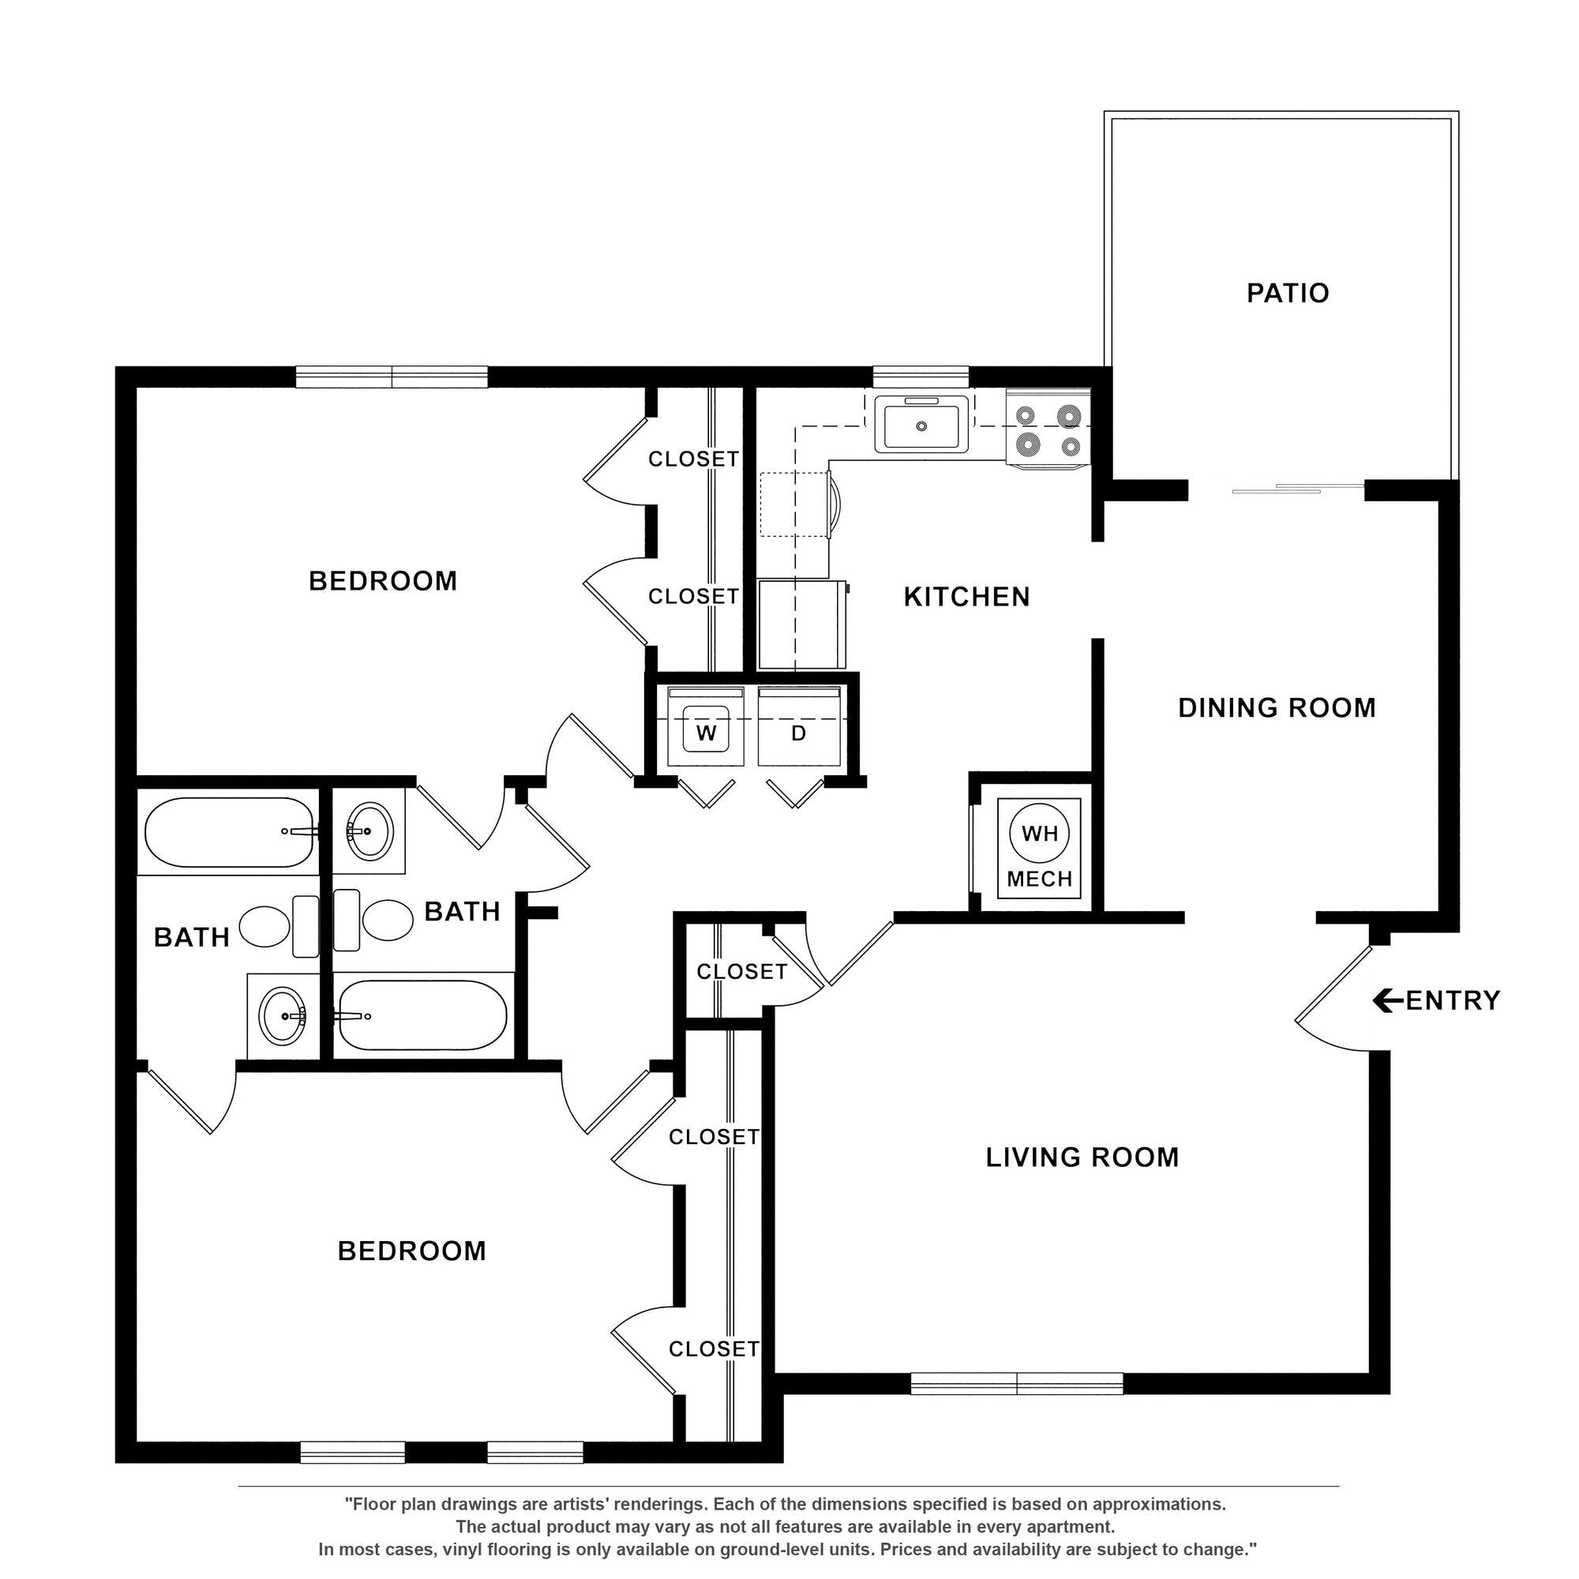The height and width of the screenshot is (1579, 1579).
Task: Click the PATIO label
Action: click(1287, 293)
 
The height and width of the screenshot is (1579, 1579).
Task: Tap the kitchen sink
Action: click(921, 424)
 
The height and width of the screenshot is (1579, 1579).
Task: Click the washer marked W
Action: click(705, 732)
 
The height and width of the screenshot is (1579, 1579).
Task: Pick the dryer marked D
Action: click(798, 732)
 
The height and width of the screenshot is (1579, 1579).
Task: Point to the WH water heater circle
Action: click(1040, 833)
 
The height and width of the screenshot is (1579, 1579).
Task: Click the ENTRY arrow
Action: click(1387, 1000)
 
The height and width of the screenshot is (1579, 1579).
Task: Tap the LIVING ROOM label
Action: click(1082, 1157)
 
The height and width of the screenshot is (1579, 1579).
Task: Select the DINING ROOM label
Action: click(1277, 707)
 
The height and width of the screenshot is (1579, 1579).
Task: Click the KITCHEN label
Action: click(966, 597)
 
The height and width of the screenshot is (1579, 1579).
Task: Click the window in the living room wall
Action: click(1016, 1383)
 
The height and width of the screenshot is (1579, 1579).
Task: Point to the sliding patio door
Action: click(1298, 489)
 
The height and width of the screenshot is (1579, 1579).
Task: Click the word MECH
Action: click(1040, 879)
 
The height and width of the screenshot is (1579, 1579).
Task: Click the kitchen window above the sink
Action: click(921, 377)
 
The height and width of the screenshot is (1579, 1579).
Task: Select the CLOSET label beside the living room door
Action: click(741, 971)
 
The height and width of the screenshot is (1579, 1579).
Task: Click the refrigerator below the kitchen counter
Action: click(801, 625)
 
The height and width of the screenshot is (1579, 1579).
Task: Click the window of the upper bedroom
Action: click(392, 377)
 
